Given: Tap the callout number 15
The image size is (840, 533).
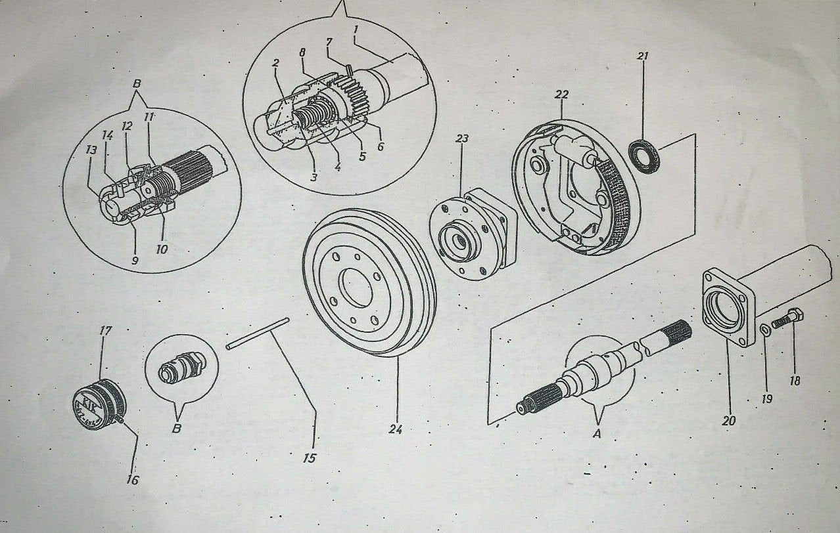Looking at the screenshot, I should (x=310, y=457).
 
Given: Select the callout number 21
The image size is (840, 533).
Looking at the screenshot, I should (x=642, y=56).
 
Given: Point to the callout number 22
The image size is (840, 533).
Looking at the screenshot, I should (x=561, y=95).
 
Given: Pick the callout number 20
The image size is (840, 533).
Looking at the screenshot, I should (x=728, y=421).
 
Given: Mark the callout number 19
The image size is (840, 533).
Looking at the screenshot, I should (x=766, y=398).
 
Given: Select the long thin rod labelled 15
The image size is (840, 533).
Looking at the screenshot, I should (x=257, y=333).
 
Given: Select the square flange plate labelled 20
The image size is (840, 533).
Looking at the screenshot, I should (x=727, y=309).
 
